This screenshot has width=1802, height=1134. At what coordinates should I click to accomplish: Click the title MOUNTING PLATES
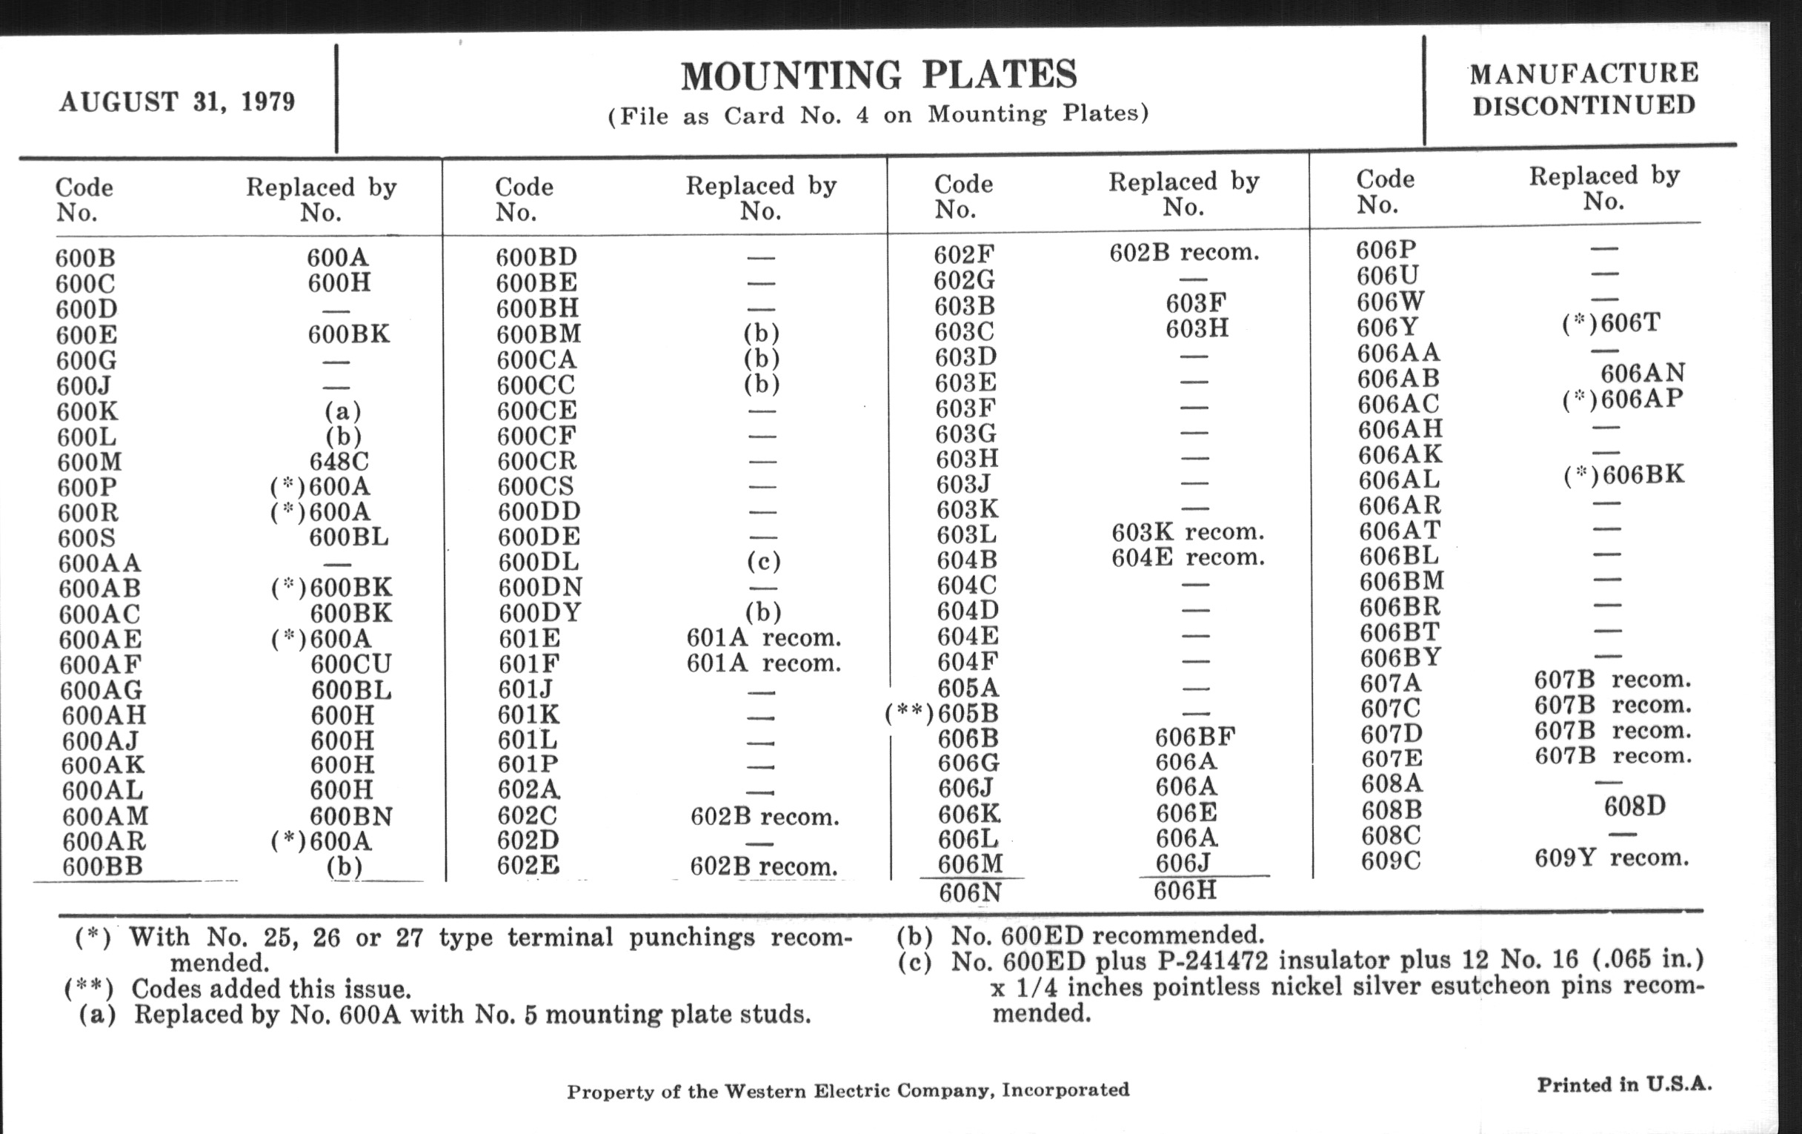click(x=879, y=75)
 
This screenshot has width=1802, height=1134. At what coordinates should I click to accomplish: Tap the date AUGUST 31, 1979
click(x=177, y=101)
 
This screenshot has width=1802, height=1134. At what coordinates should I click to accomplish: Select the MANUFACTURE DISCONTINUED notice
click(x=1583, y=89)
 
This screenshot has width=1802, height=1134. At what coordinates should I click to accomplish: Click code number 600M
click(x=89, y=462)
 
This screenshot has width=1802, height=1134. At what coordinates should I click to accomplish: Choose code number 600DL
click(x=539, y=562)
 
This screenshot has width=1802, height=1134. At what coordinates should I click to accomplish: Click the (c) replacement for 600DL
click(x=762, y=560)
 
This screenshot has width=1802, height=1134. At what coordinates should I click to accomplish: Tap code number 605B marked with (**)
click(x=968, y=712)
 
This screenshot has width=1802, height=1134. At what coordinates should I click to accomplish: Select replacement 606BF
click(x=1194, y=737)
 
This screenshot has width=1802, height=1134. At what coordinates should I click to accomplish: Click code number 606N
click(x=970, y=892)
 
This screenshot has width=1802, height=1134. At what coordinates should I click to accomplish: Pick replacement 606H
click(x=1185, y=890)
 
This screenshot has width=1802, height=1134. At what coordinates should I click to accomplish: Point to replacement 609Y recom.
click(x=1611, y=858)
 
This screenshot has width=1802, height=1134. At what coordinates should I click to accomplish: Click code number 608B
click(x=1392, y=810)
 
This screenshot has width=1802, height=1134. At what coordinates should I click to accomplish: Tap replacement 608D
click(x=1635, y=806)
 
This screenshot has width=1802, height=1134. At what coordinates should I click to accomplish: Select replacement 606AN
click(x=1643, y=373)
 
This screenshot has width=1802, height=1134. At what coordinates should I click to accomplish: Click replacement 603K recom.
click(x=1188, y=532)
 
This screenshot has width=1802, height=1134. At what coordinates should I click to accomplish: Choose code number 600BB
click(x=102, y=866)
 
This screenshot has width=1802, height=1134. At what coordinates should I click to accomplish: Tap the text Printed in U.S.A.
click(x=1624, y=1084)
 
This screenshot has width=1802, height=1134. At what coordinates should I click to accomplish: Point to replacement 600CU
click(x=351, y=664)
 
